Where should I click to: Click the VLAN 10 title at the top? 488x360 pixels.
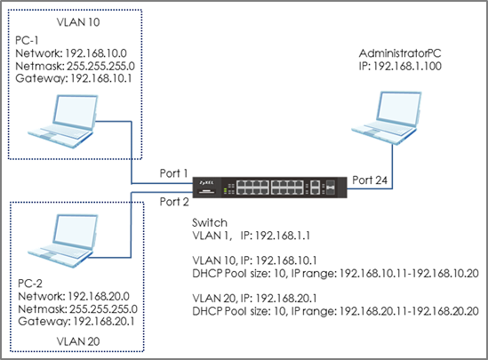(78, 22)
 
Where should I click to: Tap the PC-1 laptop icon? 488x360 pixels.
(62, 121)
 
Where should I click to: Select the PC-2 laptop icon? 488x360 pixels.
(62, 241)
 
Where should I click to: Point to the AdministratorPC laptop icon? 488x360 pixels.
(387, 117)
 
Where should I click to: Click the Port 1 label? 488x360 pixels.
(173, 173)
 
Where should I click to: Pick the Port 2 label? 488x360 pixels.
(174, 202)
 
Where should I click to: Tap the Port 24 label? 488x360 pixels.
(370, 180)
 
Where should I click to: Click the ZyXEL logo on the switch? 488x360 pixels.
(206, 182)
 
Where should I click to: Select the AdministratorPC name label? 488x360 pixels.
(400, 53)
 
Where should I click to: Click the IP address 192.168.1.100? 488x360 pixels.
(407, 66)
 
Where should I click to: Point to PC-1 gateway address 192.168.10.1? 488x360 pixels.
(101, 78)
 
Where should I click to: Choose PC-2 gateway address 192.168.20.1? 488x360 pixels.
(104, 321)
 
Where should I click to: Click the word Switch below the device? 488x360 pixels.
(210, 223)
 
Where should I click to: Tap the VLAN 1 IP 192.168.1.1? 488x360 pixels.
(283, 236)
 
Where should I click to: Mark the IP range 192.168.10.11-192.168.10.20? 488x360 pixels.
(409, 274)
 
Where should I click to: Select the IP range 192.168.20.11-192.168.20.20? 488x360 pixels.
(409, 311)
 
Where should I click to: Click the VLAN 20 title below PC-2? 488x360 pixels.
(78, 341)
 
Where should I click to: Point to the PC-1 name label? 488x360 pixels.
(27, 41)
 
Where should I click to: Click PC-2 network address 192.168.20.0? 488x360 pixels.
(99, 296)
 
